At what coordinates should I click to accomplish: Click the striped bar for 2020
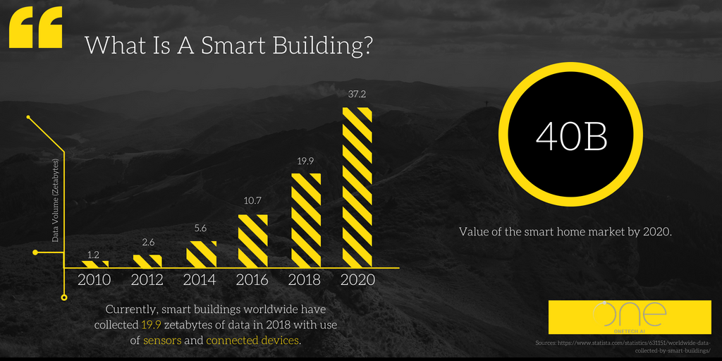(357, 187)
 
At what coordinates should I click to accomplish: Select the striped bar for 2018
(305, 220)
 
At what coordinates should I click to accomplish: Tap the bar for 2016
(252, 240)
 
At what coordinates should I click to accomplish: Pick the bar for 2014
(201, 254)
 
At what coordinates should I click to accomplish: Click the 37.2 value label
(357, 94)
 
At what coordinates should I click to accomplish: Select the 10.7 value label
(252, 202)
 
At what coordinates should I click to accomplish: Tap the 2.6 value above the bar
(148, 243)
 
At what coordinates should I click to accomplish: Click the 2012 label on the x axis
(147, 280)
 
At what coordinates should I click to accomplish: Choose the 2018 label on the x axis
(305, 280)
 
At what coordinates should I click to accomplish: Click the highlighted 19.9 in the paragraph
(153, 325)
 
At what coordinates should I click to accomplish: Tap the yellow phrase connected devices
(252, 341)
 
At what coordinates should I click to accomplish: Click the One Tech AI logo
(629, 317)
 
